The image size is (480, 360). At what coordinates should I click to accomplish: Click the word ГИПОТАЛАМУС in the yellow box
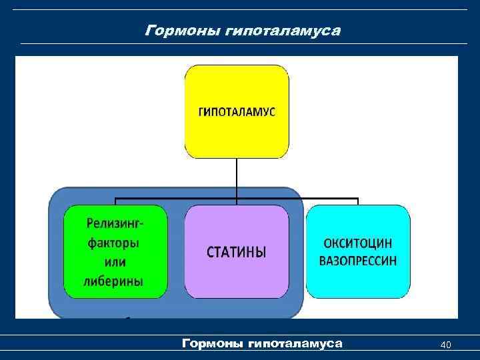237,111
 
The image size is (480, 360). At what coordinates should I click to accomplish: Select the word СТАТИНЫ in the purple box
237,252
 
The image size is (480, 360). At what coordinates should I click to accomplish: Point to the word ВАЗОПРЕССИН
358,261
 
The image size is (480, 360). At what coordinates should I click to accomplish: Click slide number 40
446,345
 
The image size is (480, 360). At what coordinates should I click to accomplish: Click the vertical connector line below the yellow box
237,177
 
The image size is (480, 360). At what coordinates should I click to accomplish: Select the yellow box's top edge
237,65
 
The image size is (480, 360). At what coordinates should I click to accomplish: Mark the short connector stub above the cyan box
358,201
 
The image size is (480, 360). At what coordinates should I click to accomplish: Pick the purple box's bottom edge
237,297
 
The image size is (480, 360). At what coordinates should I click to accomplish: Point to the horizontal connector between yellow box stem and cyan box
300,198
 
